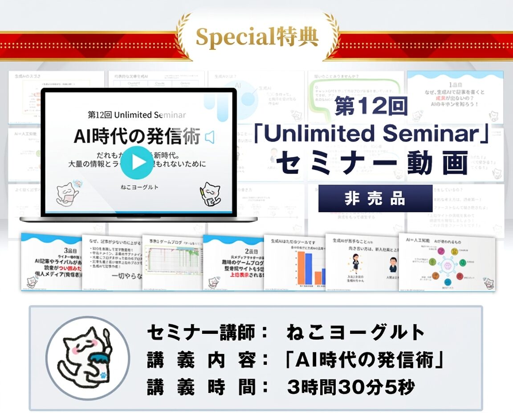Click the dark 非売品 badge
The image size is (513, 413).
click(x=375, y=198)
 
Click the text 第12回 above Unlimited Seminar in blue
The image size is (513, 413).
click(x=371, y=107)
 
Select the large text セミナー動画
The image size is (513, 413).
click(x=372, y=163)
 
